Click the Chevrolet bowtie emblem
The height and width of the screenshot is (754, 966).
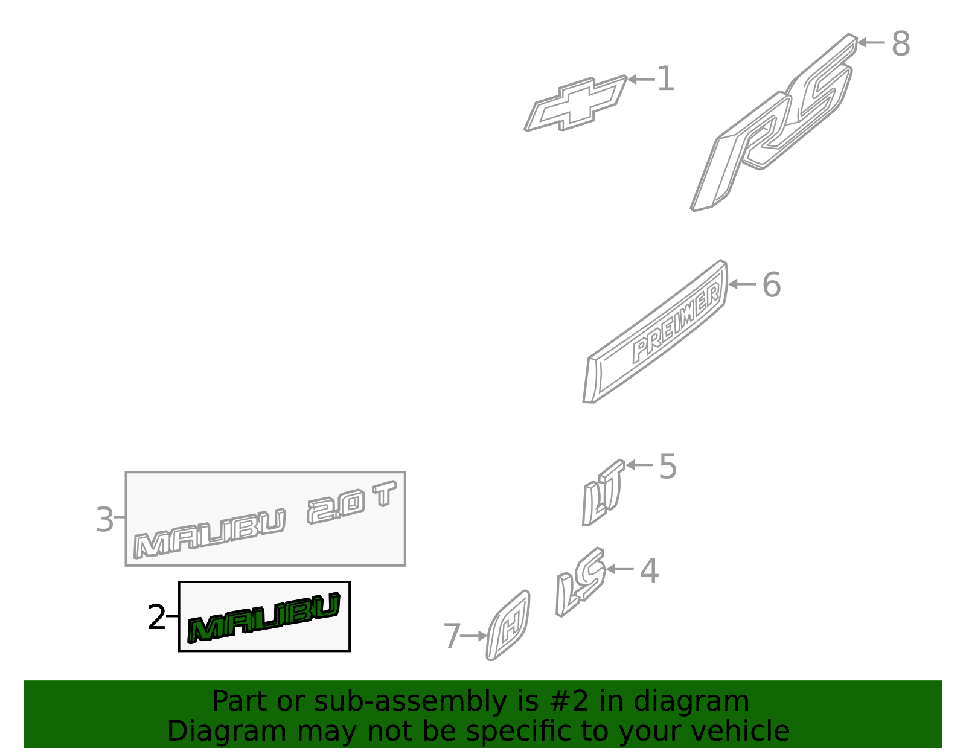pyautogui.click(x=575, y=103)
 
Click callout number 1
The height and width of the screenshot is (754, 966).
pyautogui.click(x=665, y=79)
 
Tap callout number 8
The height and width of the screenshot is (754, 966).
pyautogui.click(x=900, y=44)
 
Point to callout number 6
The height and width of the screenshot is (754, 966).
pyautogui.click(x=771, y=285)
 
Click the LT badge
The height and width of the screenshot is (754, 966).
pyautogui.click(x=602, y=494)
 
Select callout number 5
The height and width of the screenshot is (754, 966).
pyautogui.click(x=667, y=467)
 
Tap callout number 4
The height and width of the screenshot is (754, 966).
pyautogui.click(x=649, y=570)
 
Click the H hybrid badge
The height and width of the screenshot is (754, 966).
pyautogui.click(x=508, y=626)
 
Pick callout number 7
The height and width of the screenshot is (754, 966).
pyautogui.click(x=452, y=636)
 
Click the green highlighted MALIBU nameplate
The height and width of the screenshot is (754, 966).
pyautogui.click(x=264, y=618)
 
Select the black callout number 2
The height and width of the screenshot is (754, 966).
pyautogui.click(x=156, y=618)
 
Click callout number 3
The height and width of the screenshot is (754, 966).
pyautogui.click(x=104, y=520)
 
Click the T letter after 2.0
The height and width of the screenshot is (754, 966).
pyautogui.click(x=385, y=494)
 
